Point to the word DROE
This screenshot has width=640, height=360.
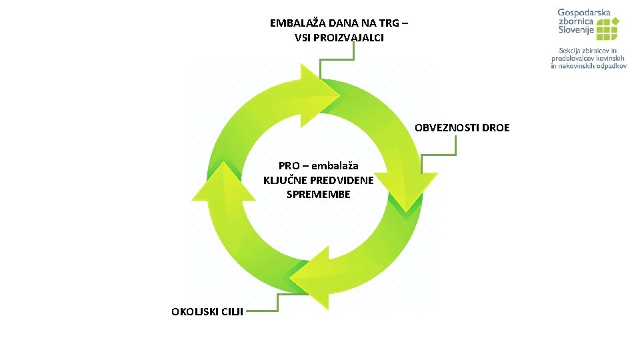coord(495,127)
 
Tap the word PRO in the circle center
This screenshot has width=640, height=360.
coord(289,165)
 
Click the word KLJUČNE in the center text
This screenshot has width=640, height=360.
coord(285,180)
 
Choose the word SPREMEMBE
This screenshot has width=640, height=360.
coord(319,195)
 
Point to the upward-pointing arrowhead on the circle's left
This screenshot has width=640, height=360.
coord(223,181)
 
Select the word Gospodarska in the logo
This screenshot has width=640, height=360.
coord(584,13)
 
